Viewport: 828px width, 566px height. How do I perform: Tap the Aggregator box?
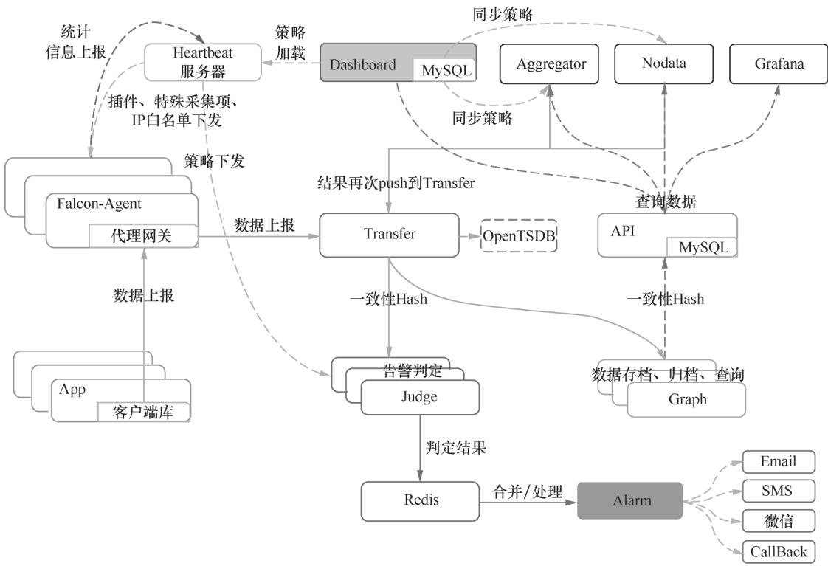[x=551, y=63]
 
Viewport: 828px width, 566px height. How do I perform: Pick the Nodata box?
[x=664, y=63]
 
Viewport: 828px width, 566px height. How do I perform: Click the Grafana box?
[x=779, y=63]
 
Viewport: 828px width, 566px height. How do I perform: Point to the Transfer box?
[x=390, y=235]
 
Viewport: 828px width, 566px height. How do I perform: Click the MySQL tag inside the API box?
[x=703, y=247]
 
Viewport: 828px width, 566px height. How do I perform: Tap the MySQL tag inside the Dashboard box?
[x=445, y=70]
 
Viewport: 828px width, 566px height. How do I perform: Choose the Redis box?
[x=421, y=500]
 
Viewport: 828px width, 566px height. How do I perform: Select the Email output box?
[x=778, y=462]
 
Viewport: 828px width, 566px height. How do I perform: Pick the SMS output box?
[x=778, y=491]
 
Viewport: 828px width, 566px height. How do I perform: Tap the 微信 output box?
[x=778, y=520]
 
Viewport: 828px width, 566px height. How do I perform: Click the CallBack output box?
[x=778, y=551]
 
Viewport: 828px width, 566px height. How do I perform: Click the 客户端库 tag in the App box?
[x=145, y=412]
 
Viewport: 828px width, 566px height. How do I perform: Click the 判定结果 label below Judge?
[x=456, y=446]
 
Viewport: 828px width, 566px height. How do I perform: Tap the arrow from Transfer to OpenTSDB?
[x=470, y=235]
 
